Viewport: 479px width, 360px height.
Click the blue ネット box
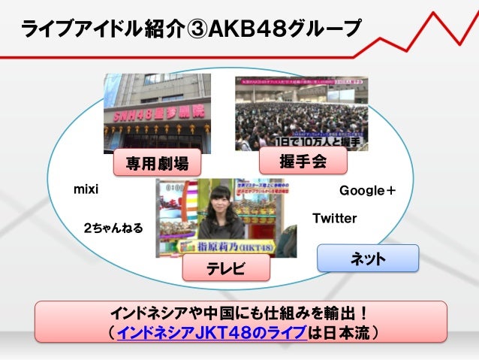[x=368, y=259]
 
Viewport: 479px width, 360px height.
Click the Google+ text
[x=368, y=190]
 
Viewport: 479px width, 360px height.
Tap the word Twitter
[x=334, y=218]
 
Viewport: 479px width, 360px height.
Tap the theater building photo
[x=146, y=113]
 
